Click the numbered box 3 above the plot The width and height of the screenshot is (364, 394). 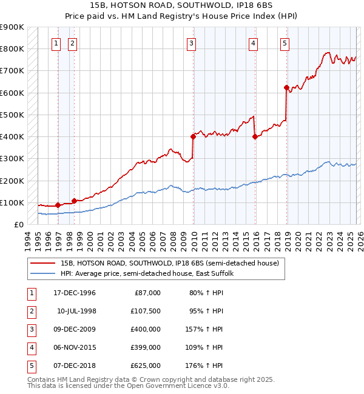tap(191, 43)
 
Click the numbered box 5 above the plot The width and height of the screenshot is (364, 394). tap(285, 43)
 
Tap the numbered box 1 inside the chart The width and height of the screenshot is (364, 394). tap(56, 43)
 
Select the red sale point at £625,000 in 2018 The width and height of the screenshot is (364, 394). tap(286, 88)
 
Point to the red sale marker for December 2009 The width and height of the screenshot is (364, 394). tap(193, 137)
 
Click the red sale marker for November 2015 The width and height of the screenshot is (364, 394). tap(255, 137)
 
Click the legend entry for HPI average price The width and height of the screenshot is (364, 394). tap(151, 274)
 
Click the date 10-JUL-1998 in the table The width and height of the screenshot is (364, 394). tap(76, 311)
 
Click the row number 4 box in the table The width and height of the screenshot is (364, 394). tap(30, 347)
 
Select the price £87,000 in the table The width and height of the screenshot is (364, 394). tap(146, 293)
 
